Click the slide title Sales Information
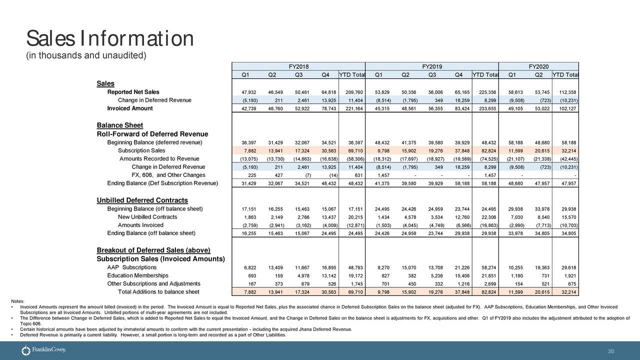(x=109, y=38)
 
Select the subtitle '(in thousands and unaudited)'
(x=85, y=55)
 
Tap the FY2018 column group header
(x=299, y=67)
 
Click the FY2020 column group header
(x=538, y=67)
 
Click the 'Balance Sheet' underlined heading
(x=119, y=125)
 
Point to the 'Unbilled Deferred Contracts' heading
(x=142, y=200)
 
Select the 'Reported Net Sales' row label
(x=133, y=92)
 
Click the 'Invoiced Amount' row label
(x=130, y=108)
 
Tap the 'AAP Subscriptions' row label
(x=132, y=267)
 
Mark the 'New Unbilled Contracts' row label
(x=147, y=217)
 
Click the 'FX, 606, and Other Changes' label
(x=167, y=175)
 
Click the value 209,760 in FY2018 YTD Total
(x=354, y=92)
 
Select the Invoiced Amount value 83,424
(x=459, y=109)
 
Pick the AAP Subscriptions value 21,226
(x=459, y=268)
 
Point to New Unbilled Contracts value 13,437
(x=326, y=217)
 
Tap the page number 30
(x=610, y=351)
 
